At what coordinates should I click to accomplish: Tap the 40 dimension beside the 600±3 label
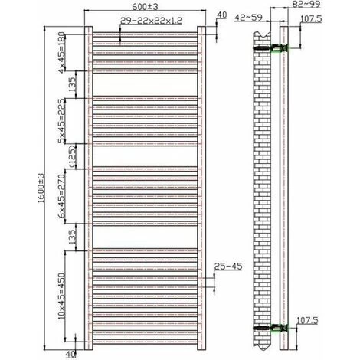pos(222,15)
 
